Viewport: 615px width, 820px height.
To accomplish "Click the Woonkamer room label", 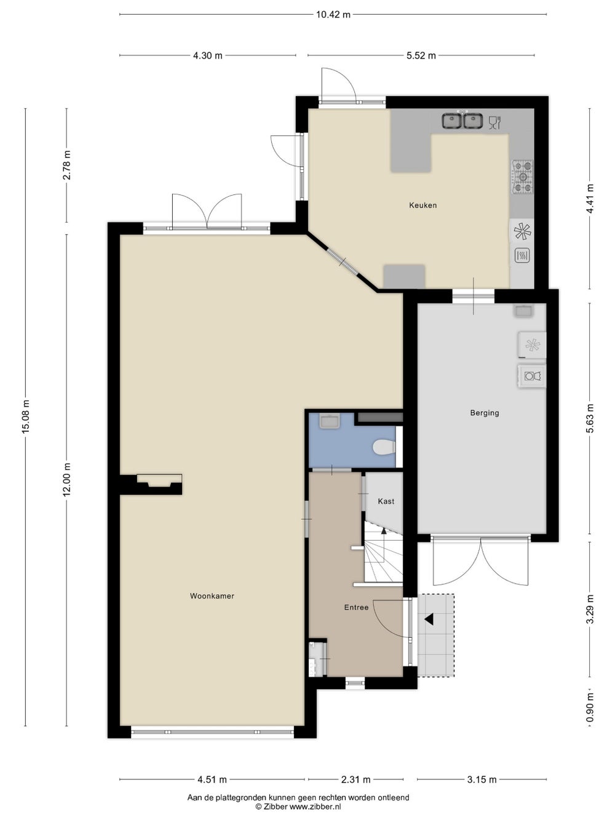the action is point(212,596).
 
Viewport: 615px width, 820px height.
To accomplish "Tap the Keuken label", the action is point(423,205).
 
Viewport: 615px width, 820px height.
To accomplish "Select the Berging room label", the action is point(484,413).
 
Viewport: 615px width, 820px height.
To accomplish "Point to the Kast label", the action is point(386,501).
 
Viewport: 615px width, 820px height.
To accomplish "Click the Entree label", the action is point(356,607).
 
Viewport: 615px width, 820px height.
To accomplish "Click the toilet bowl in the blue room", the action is point(384,447).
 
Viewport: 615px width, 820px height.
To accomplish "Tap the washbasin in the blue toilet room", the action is point(330,421).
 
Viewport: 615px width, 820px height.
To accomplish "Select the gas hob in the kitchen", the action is point(522,177).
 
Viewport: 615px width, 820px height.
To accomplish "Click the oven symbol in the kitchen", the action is point(522,255).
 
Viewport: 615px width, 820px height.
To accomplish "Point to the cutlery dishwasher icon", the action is point(494,122).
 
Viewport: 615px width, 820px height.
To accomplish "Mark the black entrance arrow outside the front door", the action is point(429,619).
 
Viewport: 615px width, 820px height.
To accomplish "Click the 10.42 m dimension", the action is point(333,15).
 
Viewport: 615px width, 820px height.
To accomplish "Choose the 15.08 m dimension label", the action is point(25,417).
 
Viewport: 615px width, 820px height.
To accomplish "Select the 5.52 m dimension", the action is point(421,55).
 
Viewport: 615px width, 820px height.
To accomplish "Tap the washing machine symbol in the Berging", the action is point(533,376).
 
